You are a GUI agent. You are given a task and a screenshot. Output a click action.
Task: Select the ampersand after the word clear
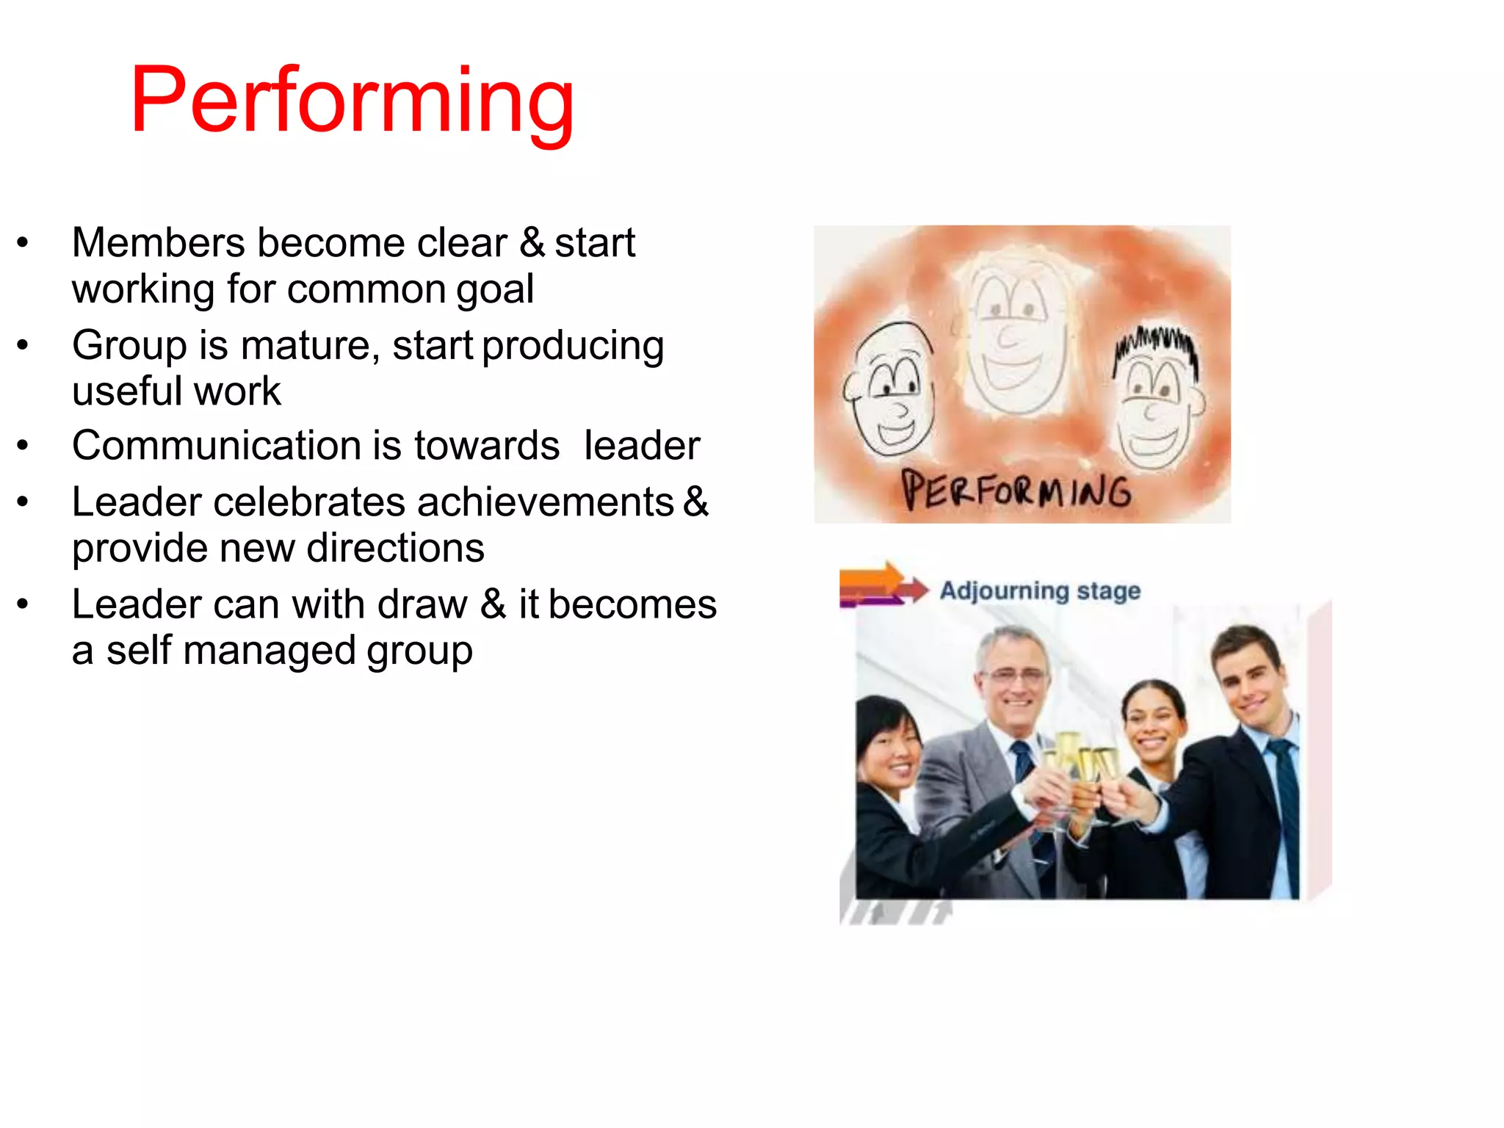(532, 243)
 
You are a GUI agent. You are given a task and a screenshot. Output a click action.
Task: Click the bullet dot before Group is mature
(23, 344)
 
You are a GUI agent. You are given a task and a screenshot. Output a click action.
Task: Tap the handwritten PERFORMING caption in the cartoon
(1016, 490)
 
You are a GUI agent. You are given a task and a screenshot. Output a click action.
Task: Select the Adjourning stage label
(1040, 590)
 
